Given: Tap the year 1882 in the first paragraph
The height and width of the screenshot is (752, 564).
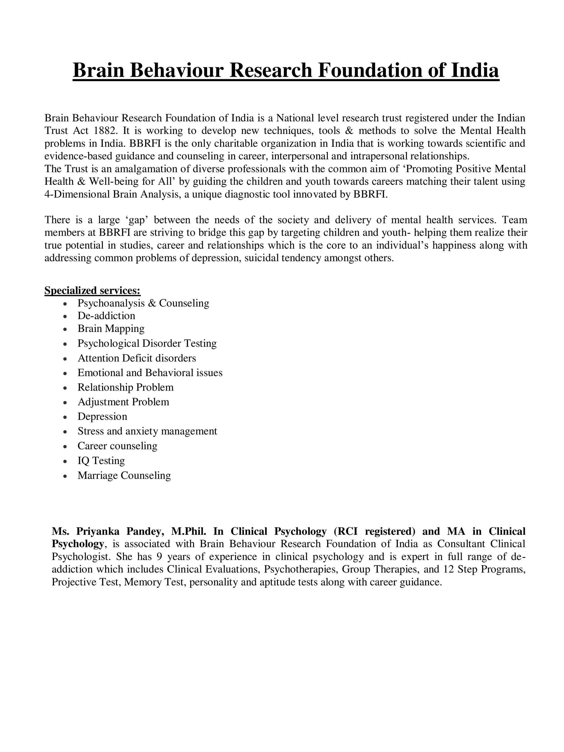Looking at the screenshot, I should (x=105, y=131).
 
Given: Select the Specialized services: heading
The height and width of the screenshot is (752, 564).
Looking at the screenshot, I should (x=92, y=290).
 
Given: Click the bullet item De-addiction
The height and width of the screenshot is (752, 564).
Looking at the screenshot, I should (x=106, y=315).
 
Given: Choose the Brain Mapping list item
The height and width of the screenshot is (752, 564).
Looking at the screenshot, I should (x=111, y=328).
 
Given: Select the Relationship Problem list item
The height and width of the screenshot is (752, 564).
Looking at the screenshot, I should (x=125, y=387).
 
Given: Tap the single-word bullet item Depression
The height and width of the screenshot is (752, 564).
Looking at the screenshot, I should (x=102, y=416).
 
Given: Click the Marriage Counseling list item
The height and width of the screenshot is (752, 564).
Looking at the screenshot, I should (x=124, y=475).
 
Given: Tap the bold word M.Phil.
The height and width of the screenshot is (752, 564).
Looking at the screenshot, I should (x=189, y=531).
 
